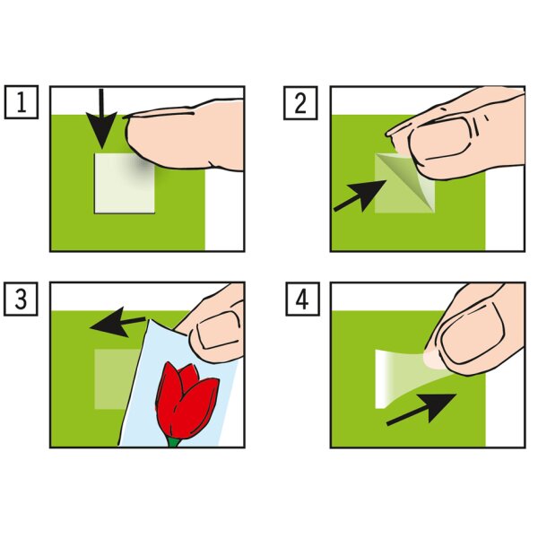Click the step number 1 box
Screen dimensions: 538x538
(x=22, y=102)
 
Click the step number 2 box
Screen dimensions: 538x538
(x=300, y=103)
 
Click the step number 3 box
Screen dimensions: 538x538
(x=21, y=299)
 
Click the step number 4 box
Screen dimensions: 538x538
(x=303, y=299)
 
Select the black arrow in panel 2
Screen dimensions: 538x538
(x=360, y=195)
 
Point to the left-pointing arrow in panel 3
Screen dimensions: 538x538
(x=117, y=323)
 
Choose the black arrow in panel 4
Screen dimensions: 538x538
(x=421, y=410)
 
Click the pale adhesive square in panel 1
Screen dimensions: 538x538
(x=125, y=183)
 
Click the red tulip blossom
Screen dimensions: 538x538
(x=187, y=400)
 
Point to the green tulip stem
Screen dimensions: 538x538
(x=174, y=442)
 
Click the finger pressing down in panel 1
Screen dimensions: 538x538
(x=186, y=135)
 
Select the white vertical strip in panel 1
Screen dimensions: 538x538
(x=224, y=209)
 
